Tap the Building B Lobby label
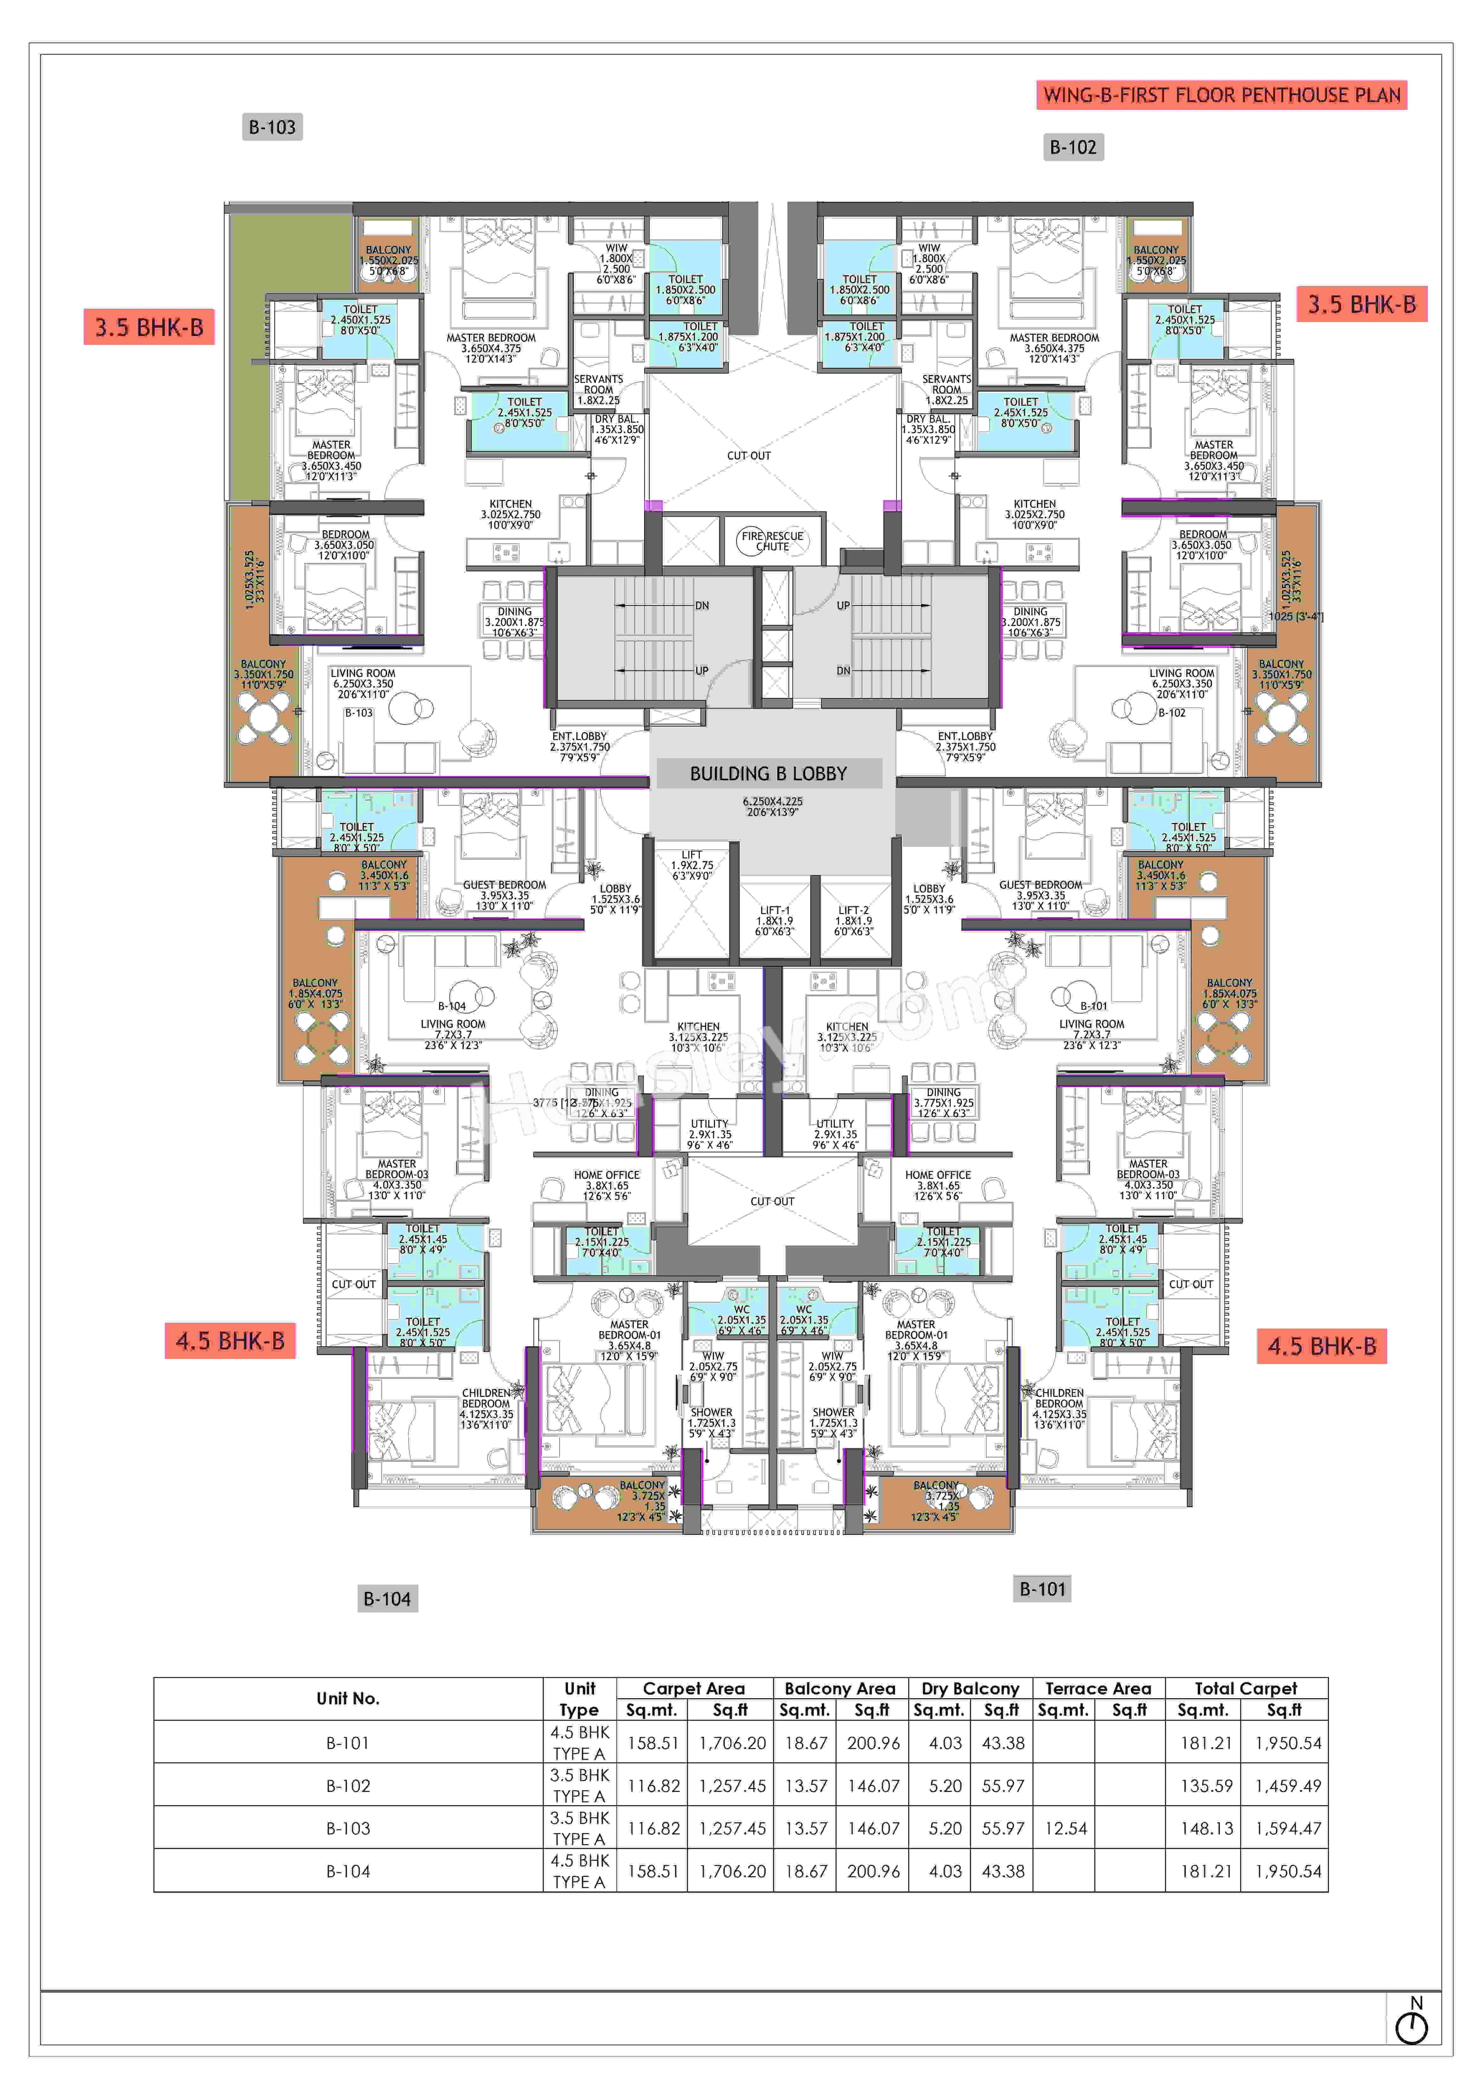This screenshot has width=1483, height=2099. pos(768,773)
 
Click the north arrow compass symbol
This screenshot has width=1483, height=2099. pos(1412,2028)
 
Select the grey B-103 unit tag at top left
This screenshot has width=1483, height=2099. pos(272,127)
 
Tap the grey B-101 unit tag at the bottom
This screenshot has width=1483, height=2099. pos(1042,1589)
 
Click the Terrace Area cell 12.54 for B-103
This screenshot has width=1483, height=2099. pos(1065,1828)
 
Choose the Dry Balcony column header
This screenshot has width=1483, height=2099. pos(970,1689)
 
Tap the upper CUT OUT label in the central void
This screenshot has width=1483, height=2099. pos(749,455)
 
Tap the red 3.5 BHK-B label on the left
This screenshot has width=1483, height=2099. pos(149,327)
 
